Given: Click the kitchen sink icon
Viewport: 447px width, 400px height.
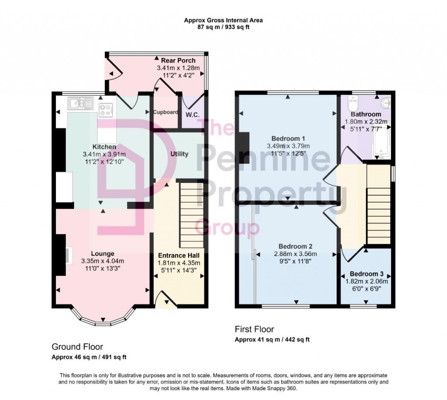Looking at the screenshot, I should pyautogui.click(x=81, y=103).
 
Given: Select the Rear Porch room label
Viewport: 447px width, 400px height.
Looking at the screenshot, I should pyautogui.click(x=178, y=60).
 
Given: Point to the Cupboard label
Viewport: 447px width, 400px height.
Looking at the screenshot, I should pyautogui.click(x=165, y=112).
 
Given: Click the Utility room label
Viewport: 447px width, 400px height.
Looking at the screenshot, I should pyautogui.click(x=179, y=154).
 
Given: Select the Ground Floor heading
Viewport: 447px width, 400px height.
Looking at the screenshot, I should pyautogui.click(x=77, y=347).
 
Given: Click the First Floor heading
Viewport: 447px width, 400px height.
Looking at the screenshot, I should pyautogui.click(x=254, y=329).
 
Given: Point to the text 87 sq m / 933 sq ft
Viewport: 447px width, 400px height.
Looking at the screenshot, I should pyautogui.click(x=223, y=27).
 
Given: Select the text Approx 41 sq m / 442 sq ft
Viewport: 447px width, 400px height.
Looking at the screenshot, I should pyautogui.click(x=272, y=339).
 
